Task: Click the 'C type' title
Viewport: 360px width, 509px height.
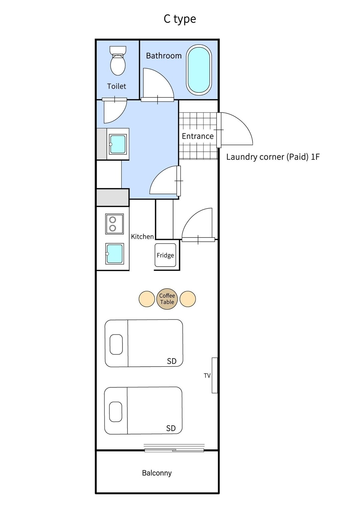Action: [179, 19]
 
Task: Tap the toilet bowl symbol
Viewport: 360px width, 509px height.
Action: [118, 61]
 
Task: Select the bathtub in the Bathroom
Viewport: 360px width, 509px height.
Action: [199, 70]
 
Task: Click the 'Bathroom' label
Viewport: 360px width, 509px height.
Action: [163, 56]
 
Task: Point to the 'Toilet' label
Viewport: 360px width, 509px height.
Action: [116, 86]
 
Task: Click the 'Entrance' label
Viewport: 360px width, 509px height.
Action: [197, 136]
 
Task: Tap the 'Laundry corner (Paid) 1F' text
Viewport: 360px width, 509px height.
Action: [273, 157]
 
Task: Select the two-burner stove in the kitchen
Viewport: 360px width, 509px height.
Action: [114, 224]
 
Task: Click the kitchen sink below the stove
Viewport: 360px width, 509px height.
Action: [115, 253]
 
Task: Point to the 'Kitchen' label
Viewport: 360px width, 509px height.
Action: [142, 237]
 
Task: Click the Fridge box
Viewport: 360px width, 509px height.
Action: [165, 255]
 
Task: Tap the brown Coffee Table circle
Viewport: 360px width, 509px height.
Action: [167, 299]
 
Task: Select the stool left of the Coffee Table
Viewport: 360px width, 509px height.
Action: [147, 299]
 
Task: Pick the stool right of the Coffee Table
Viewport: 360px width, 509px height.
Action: [188, 299]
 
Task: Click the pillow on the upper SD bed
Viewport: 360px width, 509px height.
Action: [116, 344]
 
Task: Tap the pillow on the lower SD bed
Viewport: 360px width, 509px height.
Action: [116, 412]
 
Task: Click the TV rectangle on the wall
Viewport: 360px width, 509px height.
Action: [214, 376]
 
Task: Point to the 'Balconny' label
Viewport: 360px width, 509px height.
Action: [157, 473]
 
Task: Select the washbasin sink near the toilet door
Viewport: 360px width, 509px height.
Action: [118, 144]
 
